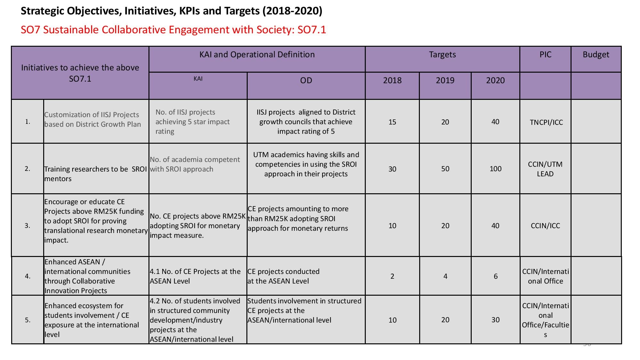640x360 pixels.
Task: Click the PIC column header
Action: tap(545, 55)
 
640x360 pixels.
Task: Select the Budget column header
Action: tap(596, 55)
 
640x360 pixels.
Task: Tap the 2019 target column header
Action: tap(445, 80)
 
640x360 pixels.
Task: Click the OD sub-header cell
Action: tap(306, 80)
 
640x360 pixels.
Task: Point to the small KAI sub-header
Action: tap(198, 79)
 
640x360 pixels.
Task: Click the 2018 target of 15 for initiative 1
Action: tap(392, 122)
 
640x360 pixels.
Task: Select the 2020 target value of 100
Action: tap(495, 169)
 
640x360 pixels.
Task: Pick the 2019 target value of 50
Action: tap(445, 169)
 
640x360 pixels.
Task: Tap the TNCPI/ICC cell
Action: tap(546, 122)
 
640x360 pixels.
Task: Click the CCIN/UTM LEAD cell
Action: tap(545, 169)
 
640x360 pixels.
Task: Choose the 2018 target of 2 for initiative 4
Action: tap(392, 276)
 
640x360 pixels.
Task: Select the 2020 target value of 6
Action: tap(495, 276)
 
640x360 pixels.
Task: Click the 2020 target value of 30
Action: tap(495, 320)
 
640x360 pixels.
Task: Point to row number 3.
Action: tap(28, 226)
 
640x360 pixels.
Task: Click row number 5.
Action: tap(28, 320)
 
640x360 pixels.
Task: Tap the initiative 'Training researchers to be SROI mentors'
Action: tap(95, 174)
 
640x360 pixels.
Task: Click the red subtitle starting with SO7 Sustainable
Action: tap(173, 30)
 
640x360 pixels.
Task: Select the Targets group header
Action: tap(442, 55)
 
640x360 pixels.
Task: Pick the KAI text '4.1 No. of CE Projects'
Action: tap(195, 276)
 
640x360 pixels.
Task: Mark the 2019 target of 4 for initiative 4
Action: tap(445, 276)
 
